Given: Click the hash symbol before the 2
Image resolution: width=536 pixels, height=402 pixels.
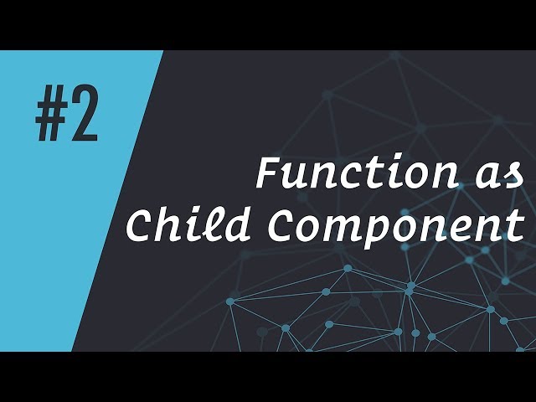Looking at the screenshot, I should pos(51,118).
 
